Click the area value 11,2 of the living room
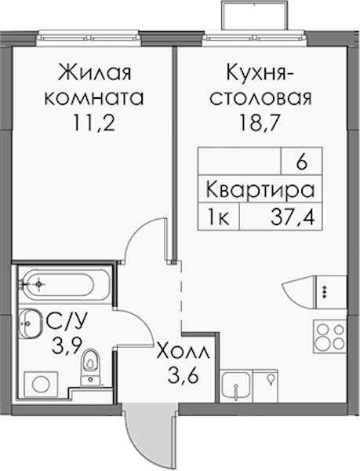click(93, 123)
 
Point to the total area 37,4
click(293, 217)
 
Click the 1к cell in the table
click(219, 217)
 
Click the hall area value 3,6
click(184, 375)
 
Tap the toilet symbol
click(91, 367)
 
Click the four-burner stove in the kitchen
click(329, 337)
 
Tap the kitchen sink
click(236, 385)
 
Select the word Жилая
click(95, 73)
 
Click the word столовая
click(260, 98)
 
